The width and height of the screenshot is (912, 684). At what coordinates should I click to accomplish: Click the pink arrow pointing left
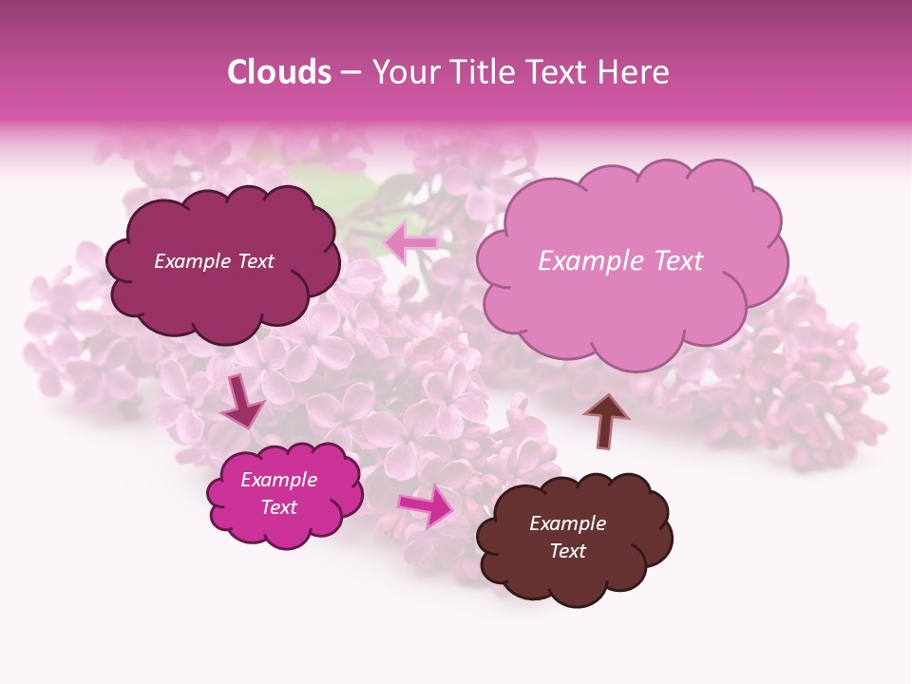pyautogui.click(x=411, y=243)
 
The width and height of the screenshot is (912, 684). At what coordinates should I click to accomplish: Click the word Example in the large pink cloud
pyautogui.click(x=588, y=261)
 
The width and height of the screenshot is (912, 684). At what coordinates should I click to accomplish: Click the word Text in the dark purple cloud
pyautogui.click(x=255, y=261)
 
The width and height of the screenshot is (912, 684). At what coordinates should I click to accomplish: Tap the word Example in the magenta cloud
pyautogui.click(x=279, y=480)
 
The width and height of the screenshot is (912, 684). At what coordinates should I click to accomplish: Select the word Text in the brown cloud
pyautogui.click(x=567, y=551)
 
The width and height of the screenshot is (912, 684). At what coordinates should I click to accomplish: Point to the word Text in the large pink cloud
pyautogui.click(x=673, y=261)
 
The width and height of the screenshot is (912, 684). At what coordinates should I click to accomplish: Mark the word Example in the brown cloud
pyautogui.click(x=567, y=523)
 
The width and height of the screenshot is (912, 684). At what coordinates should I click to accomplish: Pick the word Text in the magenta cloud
pyautogui.click(x=279, y=507)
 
